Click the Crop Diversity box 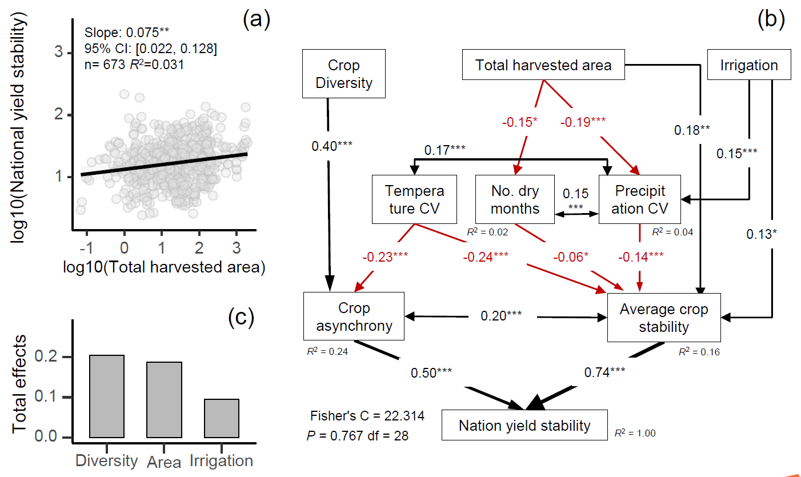point(343,74)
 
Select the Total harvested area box point(543,65)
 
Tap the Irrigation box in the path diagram point(749,65)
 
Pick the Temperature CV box point(415,199)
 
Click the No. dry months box point(515,199)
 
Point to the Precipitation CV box point(640,199)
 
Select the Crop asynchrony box point(354,316)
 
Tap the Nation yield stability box point(524,425)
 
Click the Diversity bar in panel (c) point(107,396)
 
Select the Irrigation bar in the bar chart point(221,418)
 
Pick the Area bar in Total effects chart point(164,400)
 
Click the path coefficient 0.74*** point(604,372)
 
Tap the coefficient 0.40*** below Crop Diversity point(333,146)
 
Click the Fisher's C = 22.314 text point(367,415)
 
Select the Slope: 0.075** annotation point(120,33)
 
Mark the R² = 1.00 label point(635,433)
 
